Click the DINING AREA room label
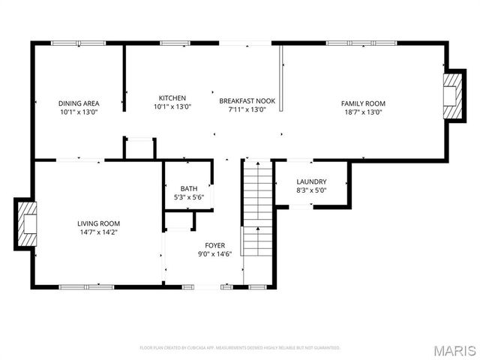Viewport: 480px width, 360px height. [x=79, y=103]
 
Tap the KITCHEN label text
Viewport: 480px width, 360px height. [x=172, y=98]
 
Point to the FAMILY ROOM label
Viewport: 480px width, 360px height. [x=363, y=103]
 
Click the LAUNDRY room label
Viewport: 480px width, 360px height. [x=310, y=181]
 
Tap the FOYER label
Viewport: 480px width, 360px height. [x=215, y=245]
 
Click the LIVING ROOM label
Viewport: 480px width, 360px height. [x=98, y=223]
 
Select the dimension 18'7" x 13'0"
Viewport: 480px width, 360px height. [x=363, y=112]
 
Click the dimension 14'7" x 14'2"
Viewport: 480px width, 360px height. [x=98, y=232]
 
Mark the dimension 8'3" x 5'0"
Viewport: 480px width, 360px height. [x=310, y=190]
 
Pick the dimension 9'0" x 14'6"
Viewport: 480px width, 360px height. [x=215, y=253]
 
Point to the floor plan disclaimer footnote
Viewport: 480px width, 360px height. [x=240, y=348]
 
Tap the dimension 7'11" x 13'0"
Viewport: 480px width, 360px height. [x=247, y=109]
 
